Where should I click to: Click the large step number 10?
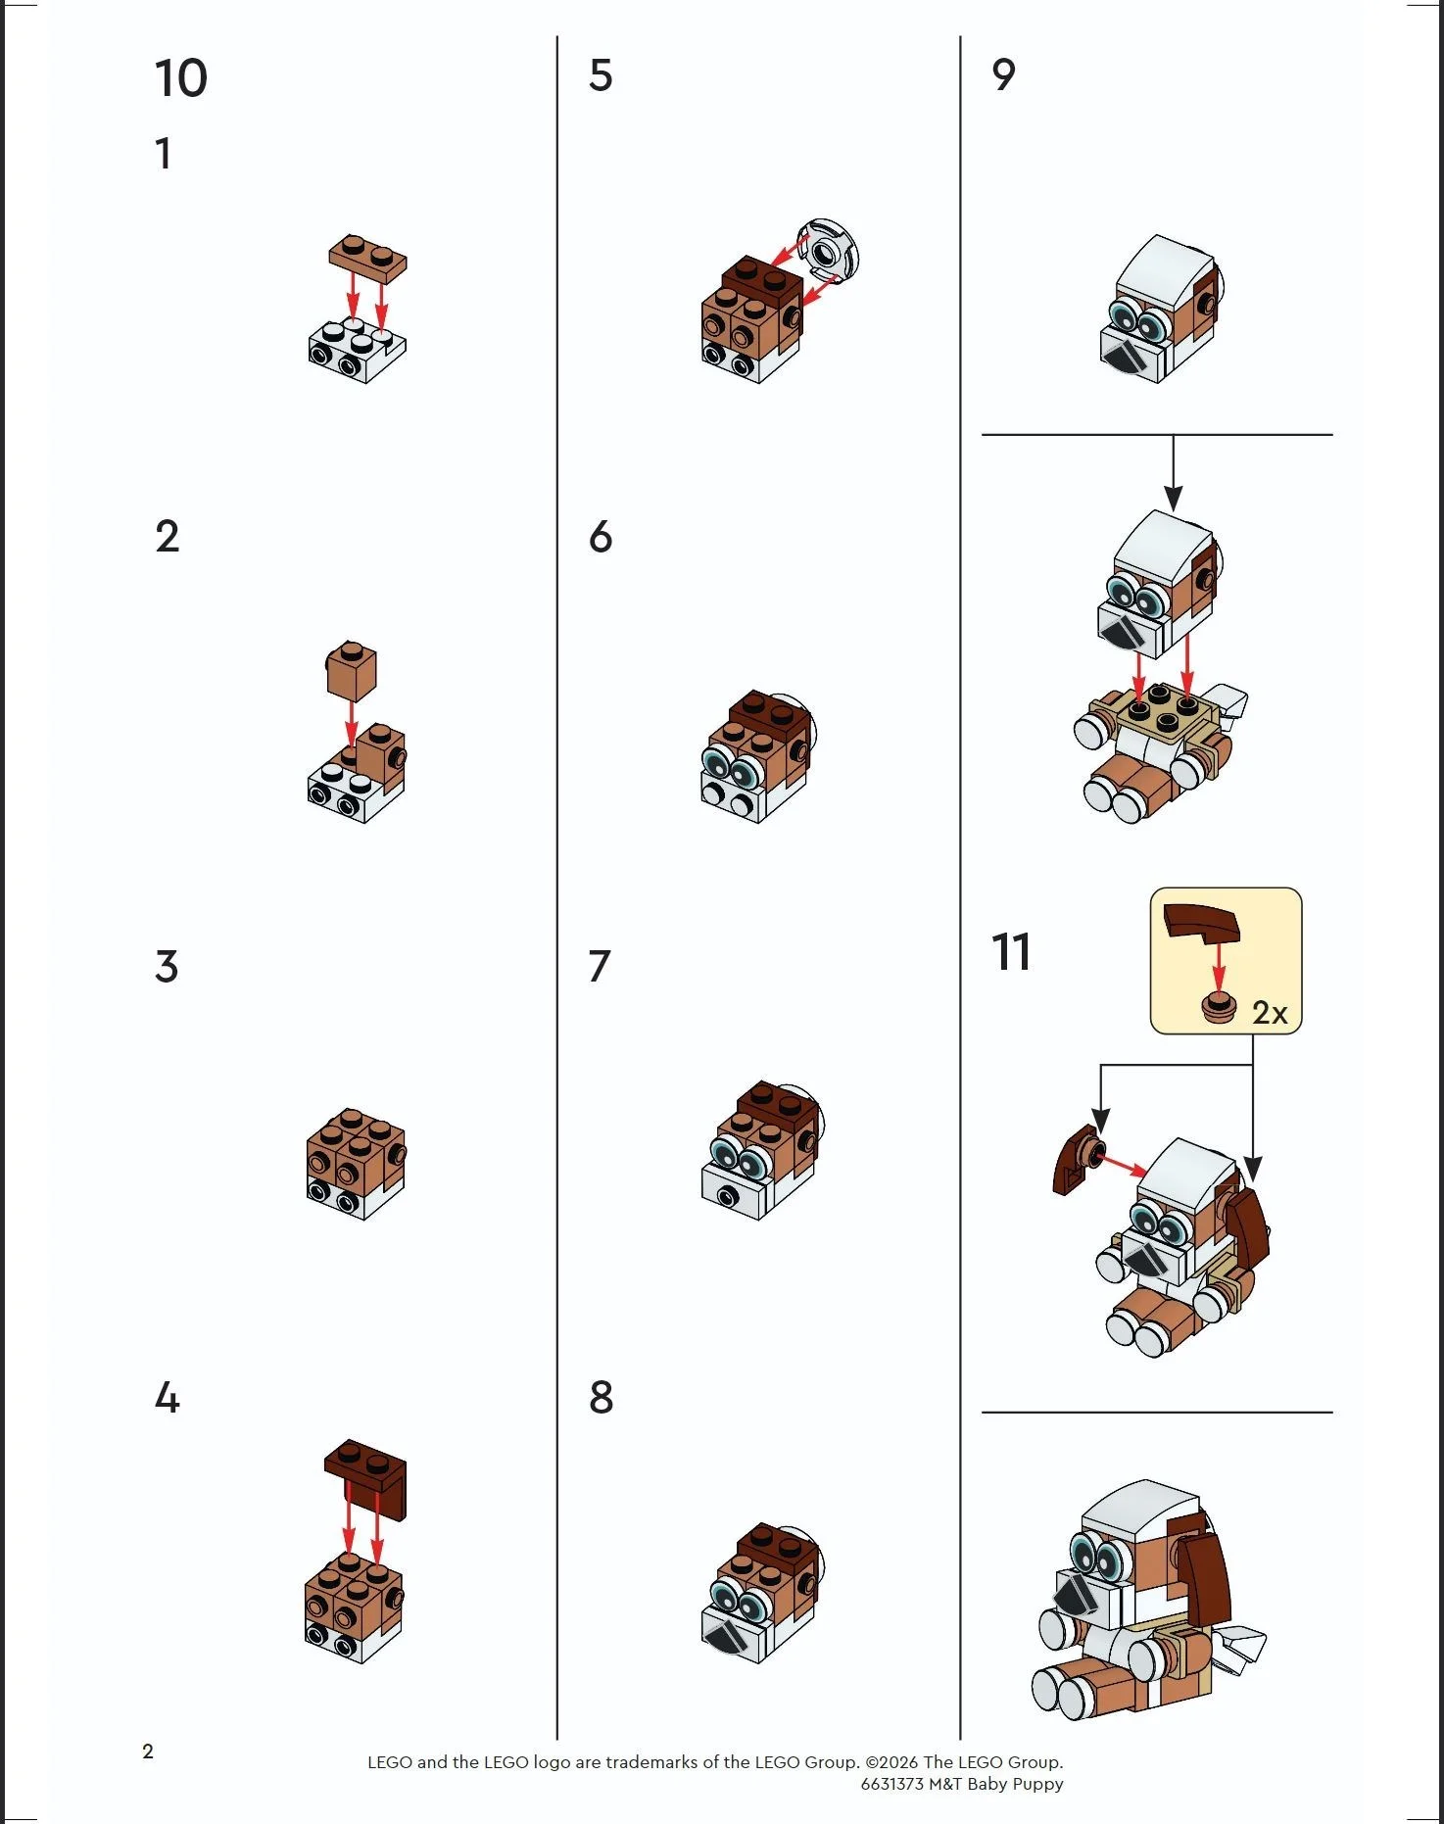181,78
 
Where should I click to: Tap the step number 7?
600,967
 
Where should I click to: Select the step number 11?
1010,952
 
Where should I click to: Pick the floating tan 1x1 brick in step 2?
351,670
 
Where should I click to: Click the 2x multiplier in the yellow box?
1270,1012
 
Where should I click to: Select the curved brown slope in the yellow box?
1200,923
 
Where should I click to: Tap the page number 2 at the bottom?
148,1752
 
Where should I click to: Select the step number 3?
167,967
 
